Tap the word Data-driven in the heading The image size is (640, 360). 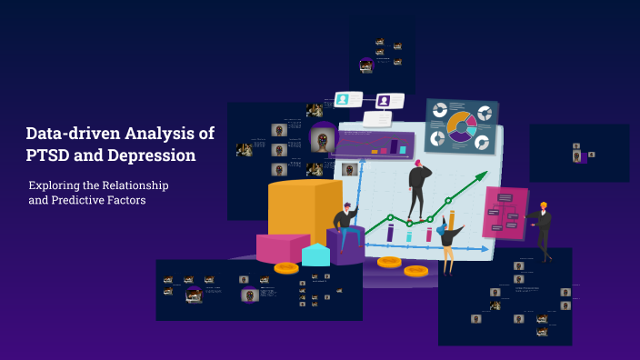click(x=71, y=134)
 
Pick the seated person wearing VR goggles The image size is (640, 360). click(x=344, y=227)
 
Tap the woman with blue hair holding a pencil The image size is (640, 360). click(x=447, y=239)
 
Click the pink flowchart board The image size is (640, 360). click(x=505, y=213)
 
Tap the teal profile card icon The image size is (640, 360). click(x=345, y=98)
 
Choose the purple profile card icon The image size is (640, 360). click(x=387, y=100)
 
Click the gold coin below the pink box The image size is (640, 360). click(x=285, y=267)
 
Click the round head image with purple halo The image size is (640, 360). click(x=321, y=140)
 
